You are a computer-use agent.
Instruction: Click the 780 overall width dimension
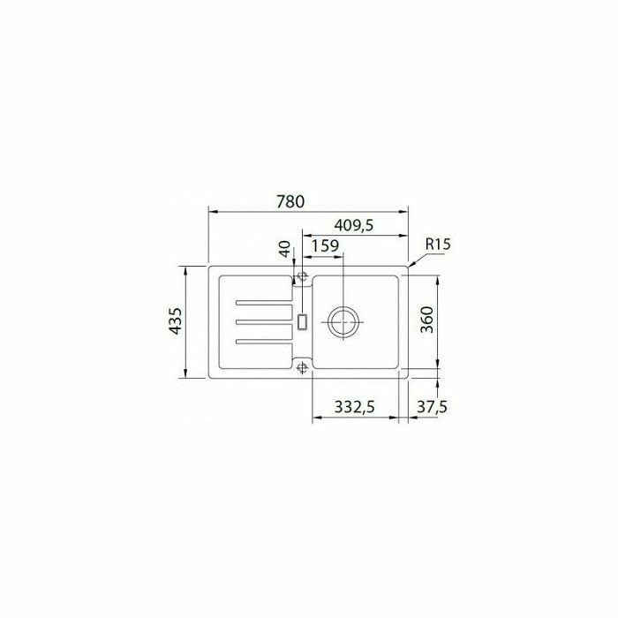[290, 201]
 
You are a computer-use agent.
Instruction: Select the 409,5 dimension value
[353, 225]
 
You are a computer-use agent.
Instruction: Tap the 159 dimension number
[325, 246]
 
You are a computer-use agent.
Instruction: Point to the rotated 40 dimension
[284, 249]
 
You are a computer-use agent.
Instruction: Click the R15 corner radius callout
[438, 244]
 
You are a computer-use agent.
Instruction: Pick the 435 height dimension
[176, 320]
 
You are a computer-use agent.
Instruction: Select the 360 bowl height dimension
[426, 320]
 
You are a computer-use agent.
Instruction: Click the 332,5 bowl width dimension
[354, 406]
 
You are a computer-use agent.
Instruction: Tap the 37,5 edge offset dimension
[433, 406]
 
